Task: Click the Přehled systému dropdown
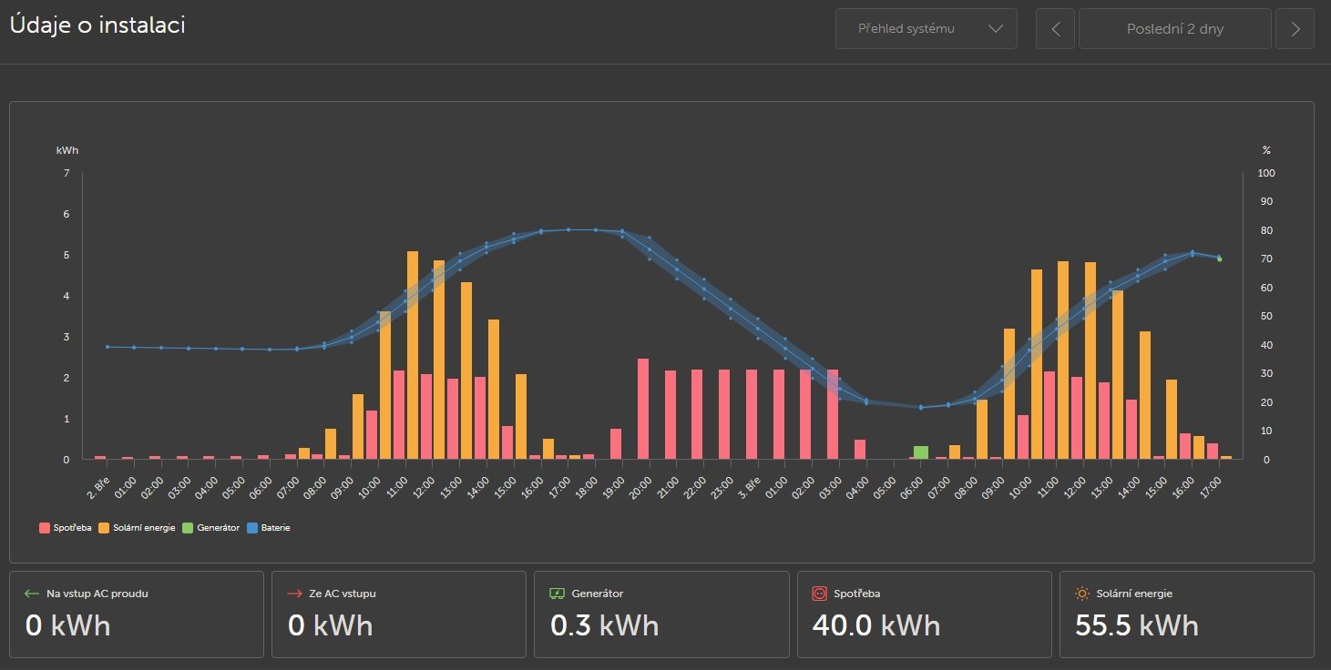click(926, 29)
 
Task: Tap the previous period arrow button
click(1056, 29)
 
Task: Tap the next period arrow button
click(1295, 29)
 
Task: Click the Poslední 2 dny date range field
click(1174, 29)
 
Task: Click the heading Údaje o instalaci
click(97, 25)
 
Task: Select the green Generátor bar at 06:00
click(921, 452)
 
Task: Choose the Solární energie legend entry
click(137, 527)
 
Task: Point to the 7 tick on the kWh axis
click(67, 173)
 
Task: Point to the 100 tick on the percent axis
click(1266, 173)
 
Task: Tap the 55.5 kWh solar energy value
click(1136, 625)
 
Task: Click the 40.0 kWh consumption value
click(874, 625)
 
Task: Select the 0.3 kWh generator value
click(604, 625)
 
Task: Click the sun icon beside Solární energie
click(1082, 594)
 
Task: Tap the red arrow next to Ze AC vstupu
click(294, 594)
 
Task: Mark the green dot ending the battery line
click(1220, 259)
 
